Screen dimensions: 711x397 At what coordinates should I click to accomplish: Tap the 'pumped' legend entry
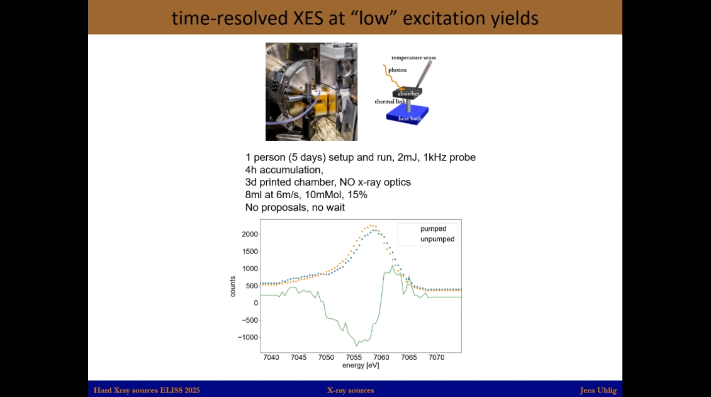pos(433,229)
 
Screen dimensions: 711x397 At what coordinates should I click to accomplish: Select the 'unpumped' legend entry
pos(437,239)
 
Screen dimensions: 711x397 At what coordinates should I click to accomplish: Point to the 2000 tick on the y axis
pos(250,234)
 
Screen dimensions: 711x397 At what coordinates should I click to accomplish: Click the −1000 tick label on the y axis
pos(248,338)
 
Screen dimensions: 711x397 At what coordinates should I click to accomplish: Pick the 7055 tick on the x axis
pos(354,357)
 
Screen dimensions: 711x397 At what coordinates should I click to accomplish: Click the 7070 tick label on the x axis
pos(436,357)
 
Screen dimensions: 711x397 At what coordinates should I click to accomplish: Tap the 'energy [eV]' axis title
pos(360,366)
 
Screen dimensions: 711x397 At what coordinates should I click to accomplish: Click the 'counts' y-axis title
pos(233,286)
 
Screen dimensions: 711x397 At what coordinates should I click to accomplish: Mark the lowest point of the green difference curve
pos(356,346)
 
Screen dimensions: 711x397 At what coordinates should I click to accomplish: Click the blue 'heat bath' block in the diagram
pos(408,116)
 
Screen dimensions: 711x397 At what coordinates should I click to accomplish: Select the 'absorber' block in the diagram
pos(408,93)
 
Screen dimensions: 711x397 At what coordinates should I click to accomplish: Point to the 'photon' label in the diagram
pos(398,70)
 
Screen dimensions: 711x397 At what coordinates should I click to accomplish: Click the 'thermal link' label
pos(390,102)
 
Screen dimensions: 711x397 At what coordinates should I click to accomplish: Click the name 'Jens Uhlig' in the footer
pos(598,391)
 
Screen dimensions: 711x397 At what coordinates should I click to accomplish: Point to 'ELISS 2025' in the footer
pos(180,391)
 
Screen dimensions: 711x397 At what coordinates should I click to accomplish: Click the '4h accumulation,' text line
pos(284,170)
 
